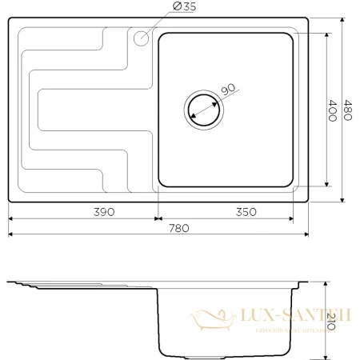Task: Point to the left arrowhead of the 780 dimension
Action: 11,234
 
